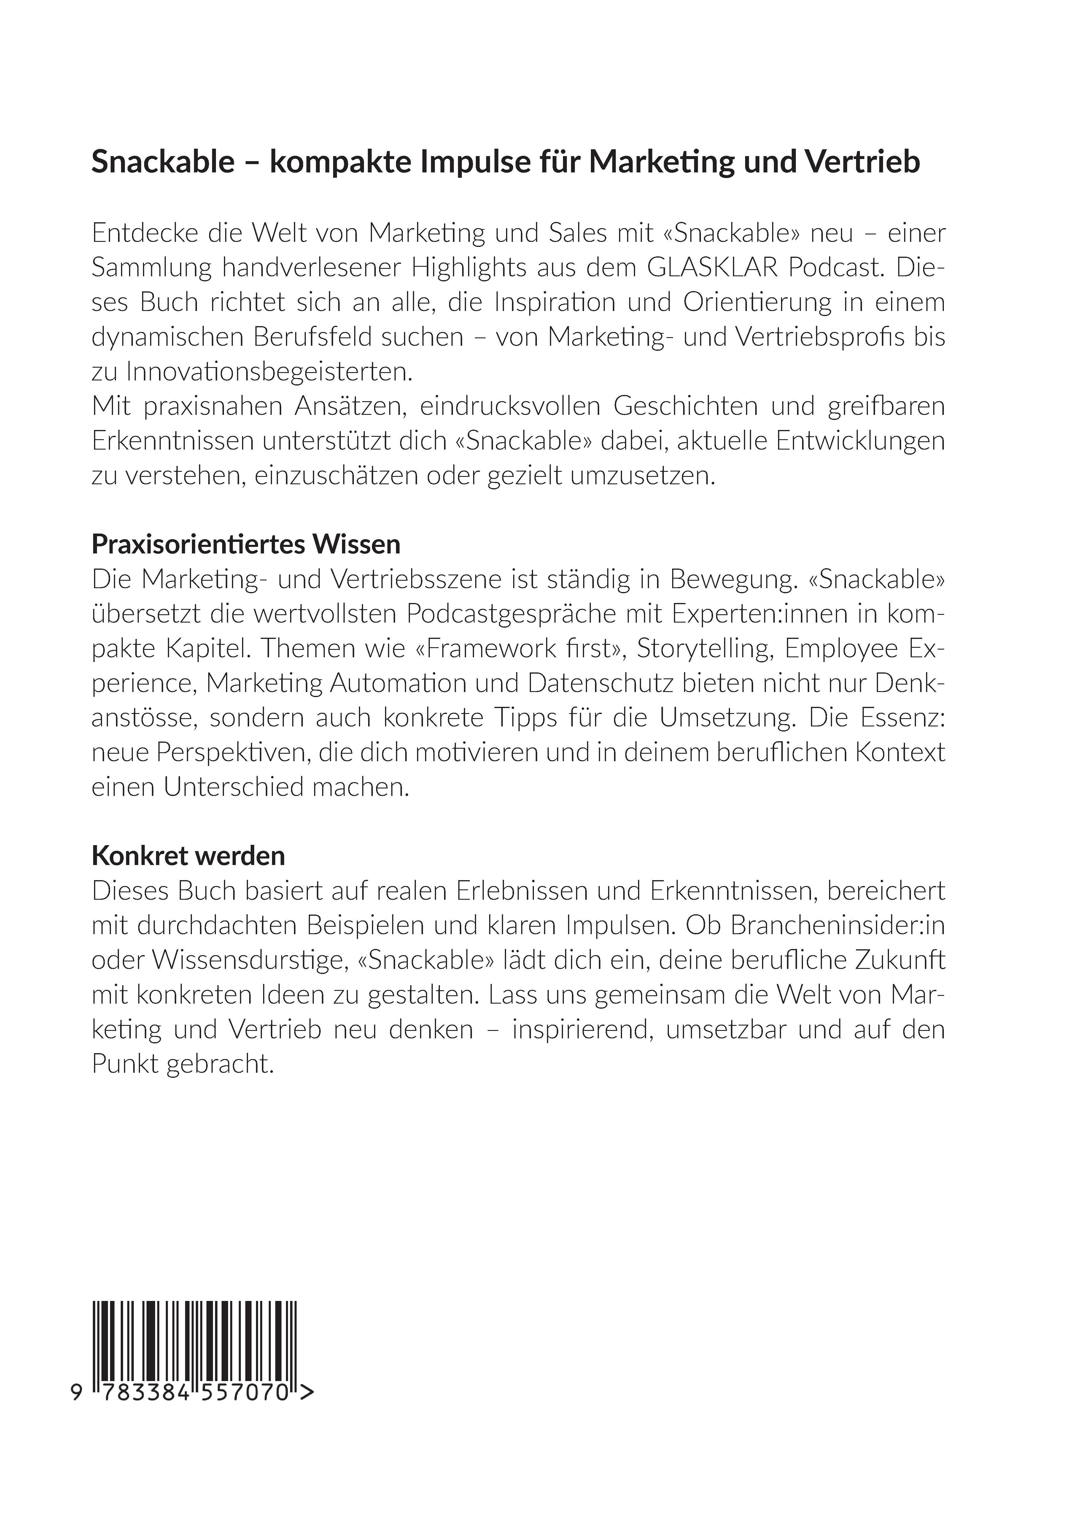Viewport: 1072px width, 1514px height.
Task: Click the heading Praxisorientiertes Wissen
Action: tap(246, 544)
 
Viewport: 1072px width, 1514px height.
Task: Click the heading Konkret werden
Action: tap(188, 856)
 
